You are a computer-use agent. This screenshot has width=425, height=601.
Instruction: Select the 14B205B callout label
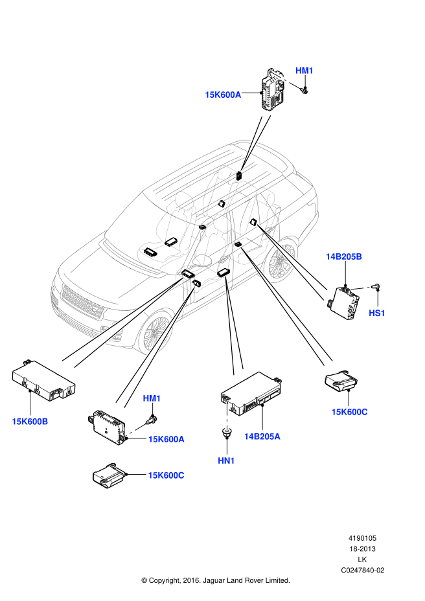(343, 256)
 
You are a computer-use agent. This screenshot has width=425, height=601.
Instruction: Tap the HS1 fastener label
(377, 313)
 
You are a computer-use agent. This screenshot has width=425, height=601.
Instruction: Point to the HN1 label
(226, 460)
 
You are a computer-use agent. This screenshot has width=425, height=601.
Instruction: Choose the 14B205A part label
(262, 437)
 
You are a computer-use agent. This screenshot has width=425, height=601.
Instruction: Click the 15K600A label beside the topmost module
(223, 95)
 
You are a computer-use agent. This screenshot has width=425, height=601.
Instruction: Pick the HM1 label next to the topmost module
(304, 70)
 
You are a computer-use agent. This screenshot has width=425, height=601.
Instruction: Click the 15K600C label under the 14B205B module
(349, 411)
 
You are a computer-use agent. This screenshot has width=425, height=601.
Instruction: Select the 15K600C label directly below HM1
(166, 475)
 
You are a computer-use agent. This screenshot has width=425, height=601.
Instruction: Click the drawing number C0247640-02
(363, 571)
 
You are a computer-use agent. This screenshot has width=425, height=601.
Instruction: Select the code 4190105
(363, 538)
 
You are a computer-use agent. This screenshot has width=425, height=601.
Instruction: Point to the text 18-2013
(363, 549)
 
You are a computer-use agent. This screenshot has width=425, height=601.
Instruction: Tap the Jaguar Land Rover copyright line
(216, 580)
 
